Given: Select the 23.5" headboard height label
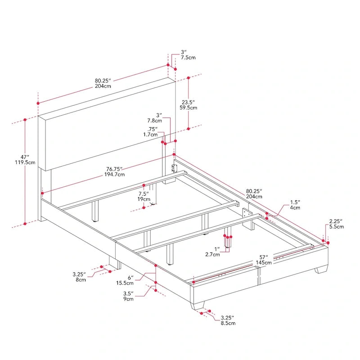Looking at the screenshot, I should point(188,101).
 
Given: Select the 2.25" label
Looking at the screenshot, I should point(336,221).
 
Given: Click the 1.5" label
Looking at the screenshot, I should point(295,202).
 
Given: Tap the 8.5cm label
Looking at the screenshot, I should point(227,323).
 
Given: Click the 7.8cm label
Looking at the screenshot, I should point(154,121).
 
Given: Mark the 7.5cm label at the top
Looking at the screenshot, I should point(188,58).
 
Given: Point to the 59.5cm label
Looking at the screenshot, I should point(188,108).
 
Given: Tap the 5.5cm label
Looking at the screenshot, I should point(336,227).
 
